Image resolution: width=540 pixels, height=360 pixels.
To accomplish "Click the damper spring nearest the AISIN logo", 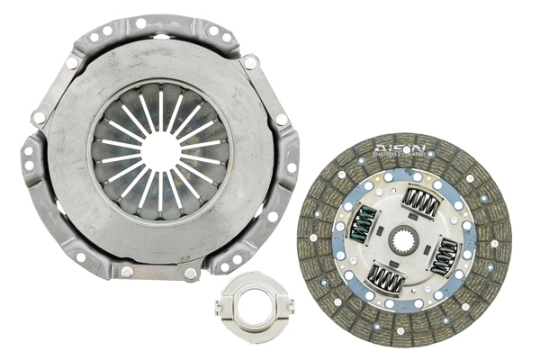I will point(419,202).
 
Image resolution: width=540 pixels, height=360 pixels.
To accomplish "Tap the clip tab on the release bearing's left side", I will point(219,308).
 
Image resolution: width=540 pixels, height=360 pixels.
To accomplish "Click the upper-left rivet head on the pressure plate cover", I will point(72,63).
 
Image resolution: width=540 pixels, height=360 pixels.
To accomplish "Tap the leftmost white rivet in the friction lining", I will point(312,238).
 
